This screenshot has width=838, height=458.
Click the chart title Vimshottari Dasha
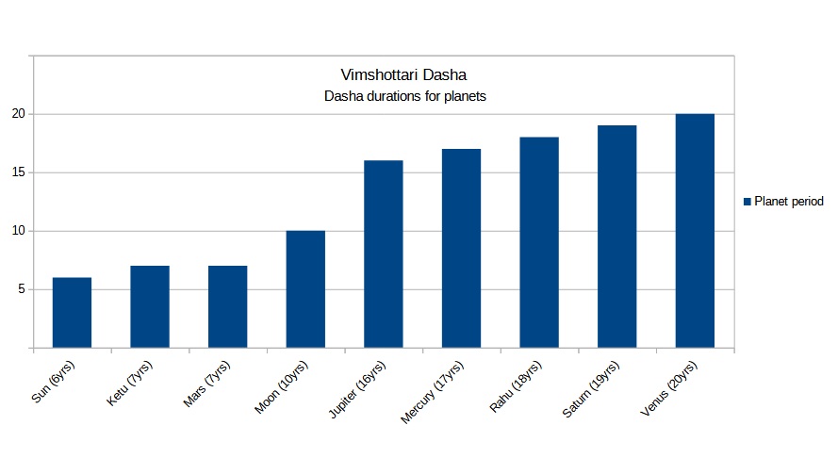click(x=403, y=74)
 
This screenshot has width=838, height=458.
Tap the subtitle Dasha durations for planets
click(x=404, y=96)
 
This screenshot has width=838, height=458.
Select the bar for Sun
click(x=72, y=313)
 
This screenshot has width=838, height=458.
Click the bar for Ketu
click(x=150, y=307)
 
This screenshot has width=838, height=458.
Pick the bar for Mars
click(x=227, y=307)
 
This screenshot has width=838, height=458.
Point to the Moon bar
click(x=305, y=289)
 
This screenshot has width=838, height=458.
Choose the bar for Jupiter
click(x=384, y=254)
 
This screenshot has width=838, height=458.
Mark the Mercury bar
click(x=462, y=249)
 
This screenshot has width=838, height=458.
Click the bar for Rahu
click(x=539, y=243)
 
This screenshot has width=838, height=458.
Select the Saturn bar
click(x=617, y=237)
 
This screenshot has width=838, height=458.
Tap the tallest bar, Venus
click(x=696, y=231)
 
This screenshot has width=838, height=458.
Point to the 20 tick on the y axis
click(x=18, y=114)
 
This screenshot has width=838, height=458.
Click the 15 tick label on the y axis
click(x=18, y=172)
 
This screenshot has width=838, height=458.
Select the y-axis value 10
click(x=18, y=231)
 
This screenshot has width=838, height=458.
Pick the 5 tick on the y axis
click(x=22, y=289)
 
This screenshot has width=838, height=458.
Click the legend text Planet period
click(x=790, y=202)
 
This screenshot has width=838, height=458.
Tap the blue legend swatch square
click(x=748, y=202)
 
